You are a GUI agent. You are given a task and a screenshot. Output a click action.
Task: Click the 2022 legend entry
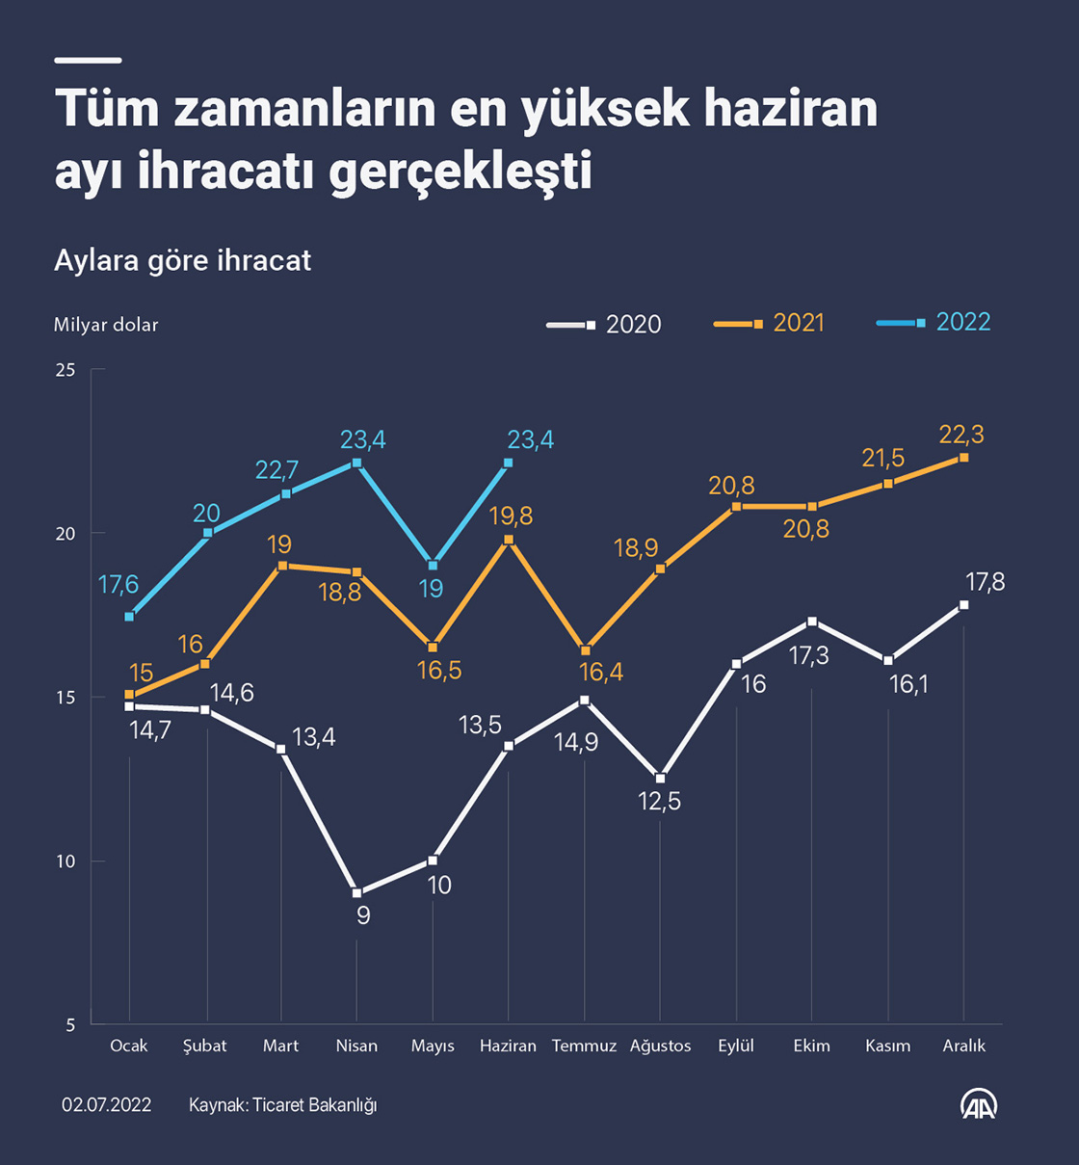click(x=934, y=323)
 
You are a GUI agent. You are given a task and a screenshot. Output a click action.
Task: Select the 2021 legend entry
click(x=770, y=324)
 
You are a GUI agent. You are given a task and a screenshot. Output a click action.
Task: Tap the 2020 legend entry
click(x=604, y=325)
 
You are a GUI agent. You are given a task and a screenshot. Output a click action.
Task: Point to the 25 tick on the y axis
click(x=66, y=370)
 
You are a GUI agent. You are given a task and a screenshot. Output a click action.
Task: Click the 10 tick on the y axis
click(x=66, y=861)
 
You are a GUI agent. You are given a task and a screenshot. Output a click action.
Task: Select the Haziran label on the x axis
click(x=508, y=1046)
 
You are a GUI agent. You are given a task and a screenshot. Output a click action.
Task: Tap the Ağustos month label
click(x=660, y=1046)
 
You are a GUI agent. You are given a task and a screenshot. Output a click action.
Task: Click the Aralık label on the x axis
click(x=963, y=1046)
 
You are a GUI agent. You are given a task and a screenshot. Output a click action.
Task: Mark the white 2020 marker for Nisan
click(x=356, y=893)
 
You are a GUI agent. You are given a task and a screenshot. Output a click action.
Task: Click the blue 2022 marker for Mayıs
click(x=433, y=566)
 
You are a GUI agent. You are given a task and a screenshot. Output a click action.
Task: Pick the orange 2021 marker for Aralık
click(x=963, y=458)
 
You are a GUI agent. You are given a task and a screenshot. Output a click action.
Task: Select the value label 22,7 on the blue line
click(x=276, y=470)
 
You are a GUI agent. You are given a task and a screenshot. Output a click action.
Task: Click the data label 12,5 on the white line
click(x=660, y=802)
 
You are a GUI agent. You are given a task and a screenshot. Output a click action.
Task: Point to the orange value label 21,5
click(x=883, y=459)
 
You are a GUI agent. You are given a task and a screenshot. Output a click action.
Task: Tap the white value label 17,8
click(x=985, y=582)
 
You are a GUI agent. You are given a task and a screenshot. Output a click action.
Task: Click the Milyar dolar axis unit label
click(x=106, y=325)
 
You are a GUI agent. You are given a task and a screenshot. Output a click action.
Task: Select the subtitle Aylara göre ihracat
click(x=183, y=261)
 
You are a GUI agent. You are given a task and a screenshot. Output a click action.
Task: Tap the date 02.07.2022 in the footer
click(x=107, y=1104)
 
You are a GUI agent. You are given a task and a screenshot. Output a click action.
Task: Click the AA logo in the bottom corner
click(x=979, y=1104)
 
